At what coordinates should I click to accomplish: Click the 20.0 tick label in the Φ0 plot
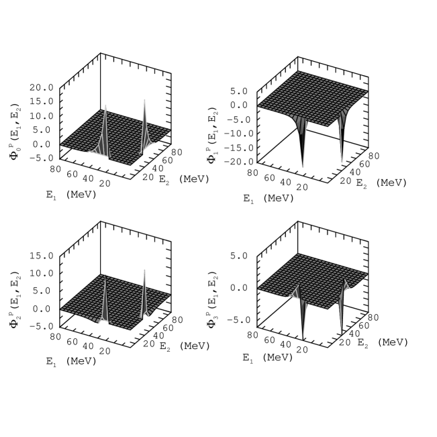pyautogui.click(x=41, y=87)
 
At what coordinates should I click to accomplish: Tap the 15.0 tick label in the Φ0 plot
pyautogui.click(x=41, y=101)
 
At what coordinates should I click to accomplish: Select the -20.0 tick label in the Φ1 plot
pyautogui.click(x=238, y=162)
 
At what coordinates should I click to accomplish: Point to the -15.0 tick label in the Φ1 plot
pyautogui.click(x=238, y=148)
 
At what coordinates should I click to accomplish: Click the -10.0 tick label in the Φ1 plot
pyautogui.click(x=238, y=134)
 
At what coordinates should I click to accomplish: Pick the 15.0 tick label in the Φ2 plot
pyautogui.click(x=41, y=256)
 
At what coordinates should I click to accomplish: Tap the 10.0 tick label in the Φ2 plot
pyautogui.click(x=41, y=273)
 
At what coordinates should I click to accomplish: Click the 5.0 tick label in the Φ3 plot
pyautogui.click(x=239, y=256)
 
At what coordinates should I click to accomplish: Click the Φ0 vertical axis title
pyautogui.click(x=15, y=132)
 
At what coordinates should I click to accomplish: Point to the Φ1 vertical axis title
pyautogui.click(x=212, y=136)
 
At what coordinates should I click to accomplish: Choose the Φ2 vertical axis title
pyautogui.click(x=15, y=299)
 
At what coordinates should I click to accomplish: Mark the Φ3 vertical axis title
pyautogui.click(x=212, y=299)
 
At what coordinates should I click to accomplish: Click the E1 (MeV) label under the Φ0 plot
pyautogui.click(x=71, y=194)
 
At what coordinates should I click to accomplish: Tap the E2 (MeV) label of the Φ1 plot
pyautogui.click(x=381, y=183)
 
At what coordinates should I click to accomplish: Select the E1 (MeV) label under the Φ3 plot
pyautogui.click(x=268, y=358)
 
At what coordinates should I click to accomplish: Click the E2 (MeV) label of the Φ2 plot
pyautogui.click(x=185, y=346)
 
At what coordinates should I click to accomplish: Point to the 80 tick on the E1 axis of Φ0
pyautogui.click(x=56, y=169)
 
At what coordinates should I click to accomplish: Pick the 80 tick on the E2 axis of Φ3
pyautogui.click(x=373, y=318)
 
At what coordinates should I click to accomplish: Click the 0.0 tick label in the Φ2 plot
pyautogui.click(x=41, y=309)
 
